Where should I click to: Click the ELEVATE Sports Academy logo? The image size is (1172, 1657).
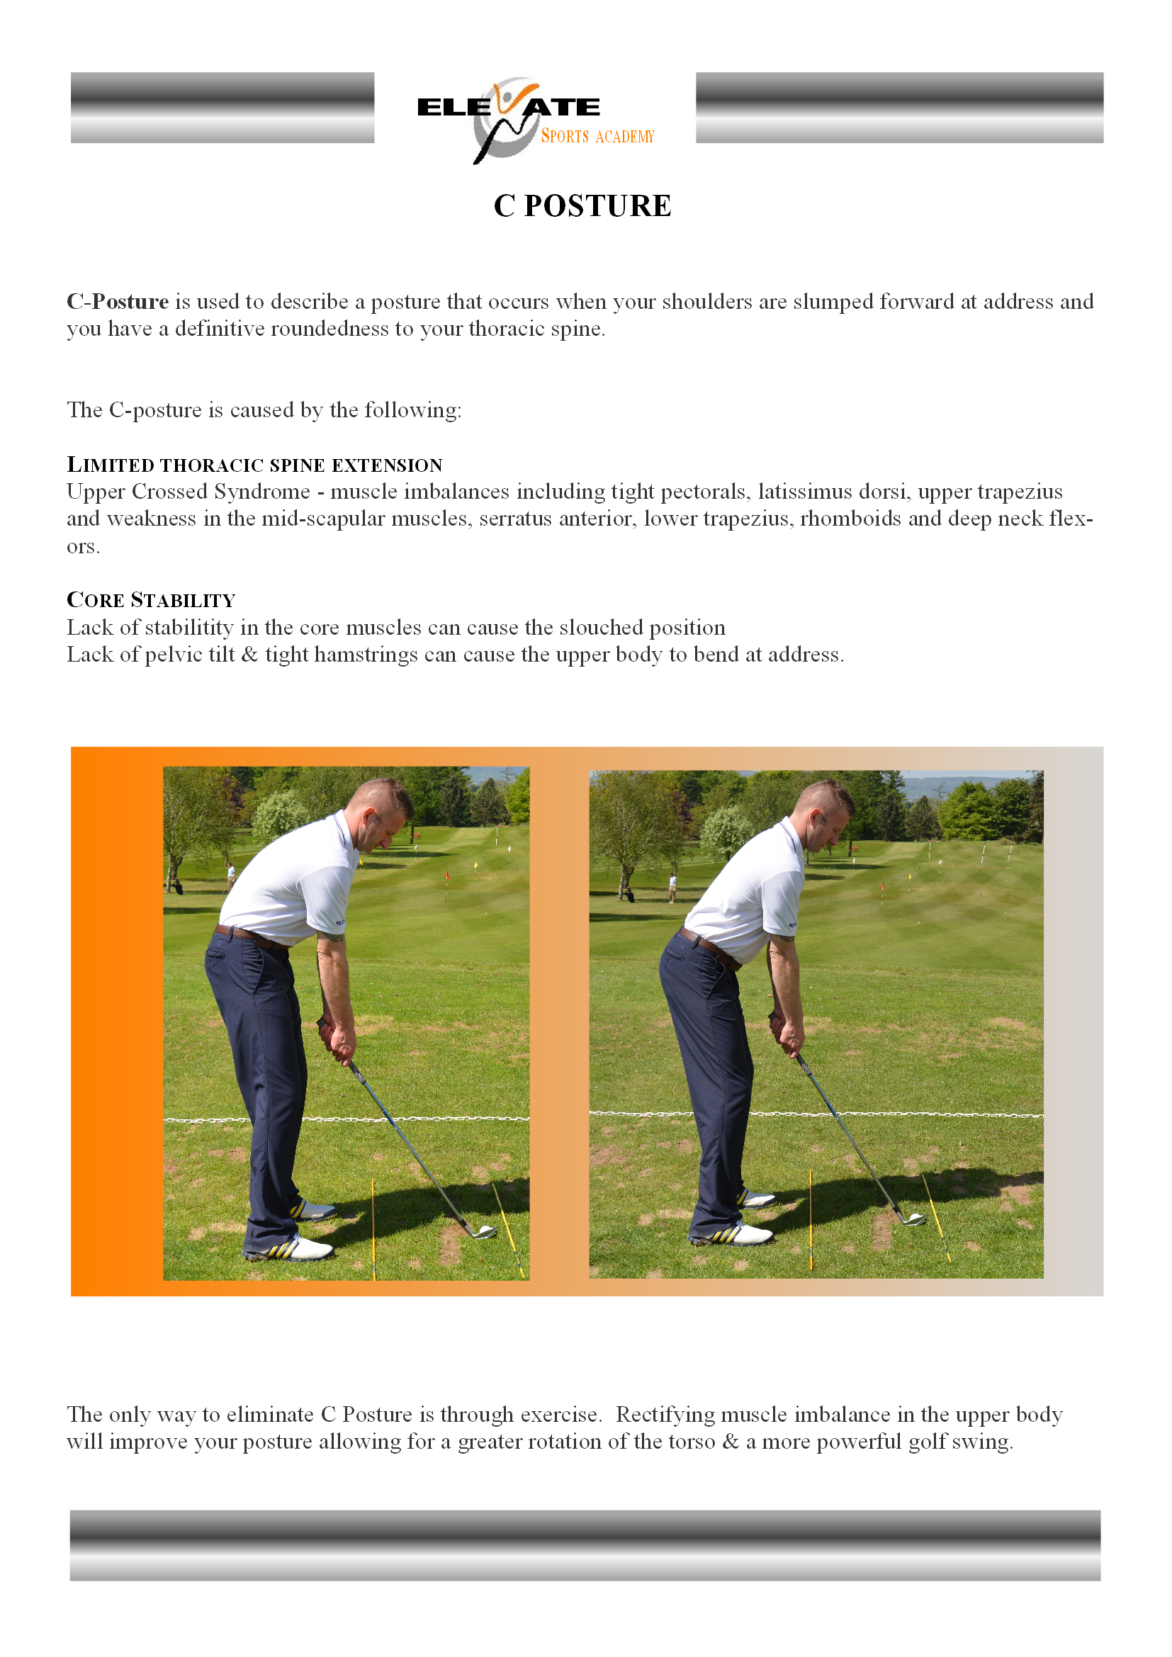[536, 120]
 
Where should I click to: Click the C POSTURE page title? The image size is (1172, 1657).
[582, 205]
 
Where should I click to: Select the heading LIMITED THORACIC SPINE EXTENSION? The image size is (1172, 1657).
[255, 464]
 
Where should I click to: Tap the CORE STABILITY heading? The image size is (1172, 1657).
[151, 600]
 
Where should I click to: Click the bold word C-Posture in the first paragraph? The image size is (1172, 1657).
[118, 301]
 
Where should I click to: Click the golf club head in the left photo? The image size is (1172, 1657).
[483, 1231]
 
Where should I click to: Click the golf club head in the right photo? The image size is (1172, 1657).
[913, 1219]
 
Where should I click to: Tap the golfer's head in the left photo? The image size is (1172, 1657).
[383, 812]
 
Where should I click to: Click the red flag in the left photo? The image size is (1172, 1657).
[447, 876]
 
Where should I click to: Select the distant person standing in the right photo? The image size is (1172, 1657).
[672, 888]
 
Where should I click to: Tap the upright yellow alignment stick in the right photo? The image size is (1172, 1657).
[811, 1220]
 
